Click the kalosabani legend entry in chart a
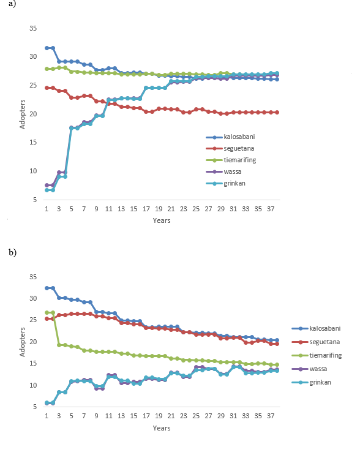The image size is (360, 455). click(230, 137)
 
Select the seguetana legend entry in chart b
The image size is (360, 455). click(316, 342)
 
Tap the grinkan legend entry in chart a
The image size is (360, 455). click(226, 183)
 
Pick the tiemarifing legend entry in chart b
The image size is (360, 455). click(317, 355)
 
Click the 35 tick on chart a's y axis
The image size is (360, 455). click(33, 28)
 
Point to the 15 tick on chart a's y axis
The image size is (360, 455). click(33, 142)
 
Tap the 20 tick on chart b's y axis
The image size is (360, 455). click(33, 342)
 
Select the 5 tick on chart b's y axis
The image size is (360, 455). click(35, 407)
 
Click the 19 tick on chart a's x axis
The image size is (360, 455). click(159, 209)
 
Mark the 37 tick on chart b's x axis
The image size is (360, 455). click(271, 416)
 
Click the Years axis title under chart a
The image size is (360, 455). click(162, 220)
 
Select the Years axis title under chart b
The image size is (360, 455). click(162, 428)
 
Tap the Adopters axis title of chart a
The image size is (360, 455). click(22, 114)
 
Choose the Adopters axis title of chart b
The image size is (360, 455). click(22, 342)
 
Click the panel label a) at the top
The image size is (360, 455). click(12, 4)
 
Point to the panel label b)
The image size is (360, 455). click(12, 252)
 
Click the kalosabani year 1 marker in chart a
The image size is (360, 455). click(47, 48)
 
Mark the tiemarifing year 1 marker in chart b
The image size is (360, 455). click(47, 312)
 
